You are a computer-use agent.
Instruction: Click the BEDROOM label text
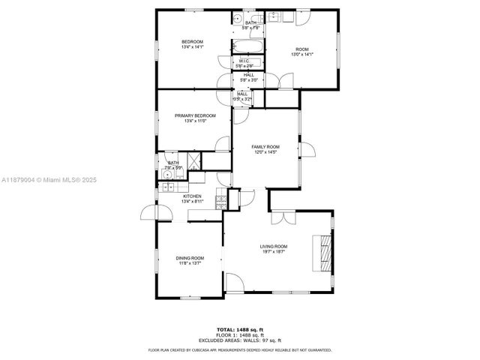click(x=192, y=41)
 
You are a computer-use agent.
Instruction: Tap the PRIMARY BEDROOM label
click(x=195, y=115)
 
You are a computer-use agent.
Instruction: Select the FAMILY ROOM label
click(x=265, y=146)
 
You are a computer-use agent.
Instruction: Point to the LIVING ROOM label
click(x=274, y=246)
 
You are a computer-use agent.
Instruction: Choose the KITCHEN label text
click(x=193, y=196)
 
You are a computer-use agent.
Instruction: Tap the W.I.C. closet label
click(x=244, y=60)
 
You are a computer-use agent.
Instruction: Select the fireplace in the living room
click(x=324, y=253)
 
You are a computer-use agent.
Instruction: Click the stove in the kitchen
click(x=220, y=202)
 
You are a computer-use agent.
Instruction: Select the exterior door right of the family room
click(x=307, y=150)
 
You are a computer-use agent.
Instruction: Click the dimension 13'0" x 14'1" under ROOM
click(x=301, y=54)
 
